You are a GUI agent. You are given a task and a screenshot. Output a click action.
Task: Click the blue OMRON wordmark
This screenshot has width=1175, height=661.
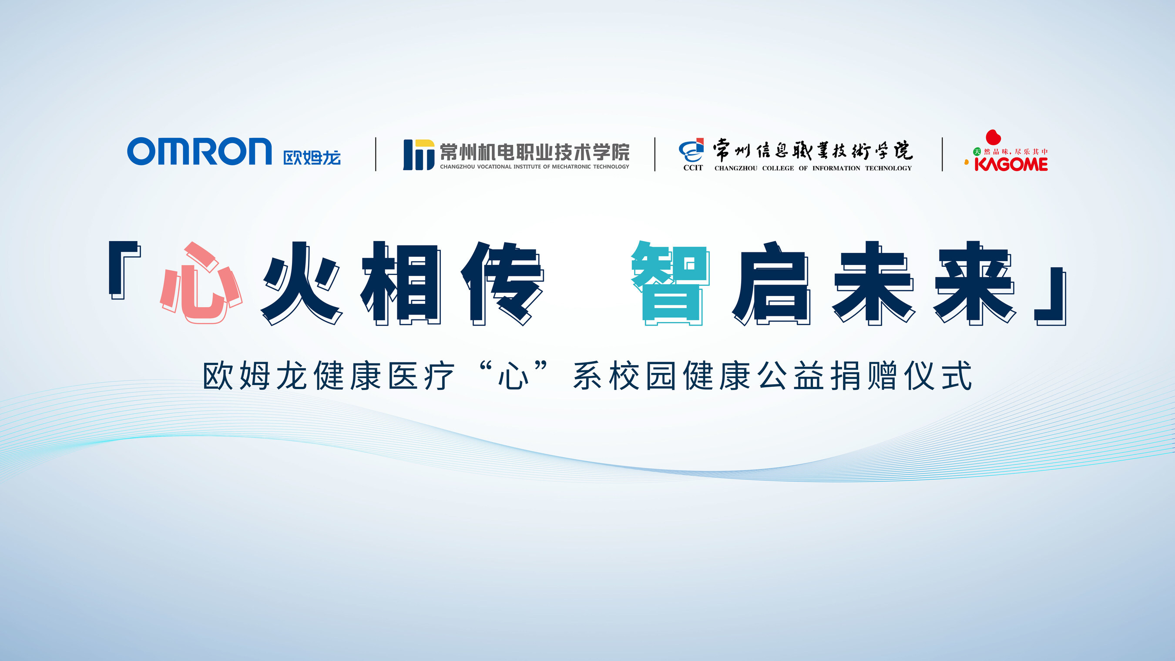click(x=199, y=151)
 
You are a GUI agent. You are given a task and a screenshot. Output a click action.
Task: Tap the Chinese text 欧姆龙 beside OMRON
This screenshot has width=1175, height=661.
click(x=312, y=158)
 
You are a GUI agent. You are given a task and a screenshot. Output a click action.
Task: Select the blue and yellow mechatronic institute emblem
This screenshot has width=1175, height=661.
click(x=418, y=154)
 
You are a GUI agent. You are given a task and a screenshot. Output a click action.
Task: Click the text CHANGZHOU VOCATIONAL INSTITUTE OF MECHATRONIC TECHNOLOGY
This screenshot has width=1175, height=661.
click(x=534, y=167)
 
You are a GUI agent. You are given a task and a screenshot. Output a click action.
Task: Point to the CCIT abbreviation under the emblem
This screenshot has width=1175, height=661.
click(x=693, y=168)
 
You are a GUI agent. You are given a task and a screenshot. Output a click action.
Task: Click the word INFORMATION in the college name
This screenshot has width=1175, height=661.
click(x=836, y=168)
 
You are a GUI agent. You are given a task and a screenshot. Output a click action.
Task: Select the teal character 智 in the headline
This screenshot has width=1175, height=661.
click(x=670, y=283)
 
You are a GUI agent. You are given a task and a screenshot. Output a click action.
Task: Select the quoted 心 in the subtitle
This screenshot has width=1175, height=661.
click(x=513, y=376)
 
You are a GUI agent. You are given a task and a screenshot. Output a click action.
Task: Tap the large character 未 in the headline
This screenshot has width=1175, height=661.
click(x=873, y=283)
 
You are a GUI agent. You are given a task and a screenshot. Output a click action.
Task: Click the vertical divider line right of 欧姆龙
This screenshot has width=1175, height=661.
click(x=376, y=154)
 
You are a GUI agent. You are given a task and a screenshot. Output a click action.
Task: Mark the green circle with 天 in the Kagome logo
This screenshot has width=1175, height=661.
click(x=977, y=151)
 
